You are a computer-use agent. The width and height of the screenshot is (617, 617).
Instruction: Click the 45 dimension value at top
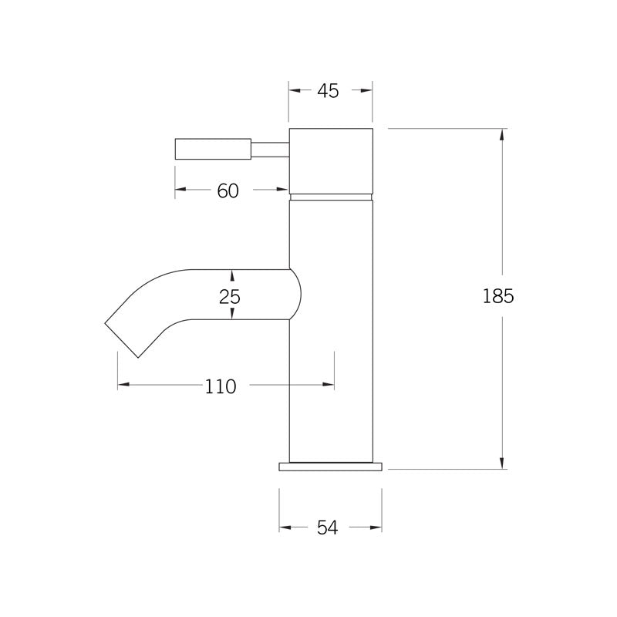pos(328,91)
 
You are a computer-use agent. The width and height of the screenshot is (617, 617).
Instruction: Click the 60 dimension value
pos(228,190)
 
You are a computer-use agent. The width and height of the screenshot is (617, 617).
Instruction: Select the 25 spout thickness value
pos(230,295)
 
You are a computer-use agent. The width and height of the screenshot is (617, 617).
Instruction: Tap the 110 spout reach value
pos(221,386)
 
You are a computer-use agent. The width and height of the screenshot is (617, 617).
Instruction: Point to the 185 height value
pos(498,296)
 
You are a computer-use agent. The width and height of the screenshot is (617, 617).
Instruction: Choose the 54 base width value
pos(328,528)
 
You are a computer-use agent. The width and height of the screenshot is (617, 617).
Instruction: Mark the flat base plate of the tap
pos(330,466)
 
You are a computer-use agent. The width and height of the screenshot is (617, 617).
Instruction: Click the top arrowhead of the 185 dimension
pos(503,134)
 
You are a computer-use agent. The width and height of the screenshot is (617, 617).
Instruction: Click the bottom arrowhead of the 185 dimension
pos(503,462)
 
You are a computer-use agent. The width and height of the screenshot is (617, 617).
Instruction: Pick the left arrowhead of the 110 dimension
pos(123,384)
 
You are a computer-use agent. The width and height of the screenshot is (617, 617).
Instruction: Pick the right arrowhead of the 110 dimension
pos(329,384)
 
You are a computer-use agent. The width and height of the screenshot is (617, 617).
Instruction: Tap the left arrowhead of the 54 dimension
pos(285,528)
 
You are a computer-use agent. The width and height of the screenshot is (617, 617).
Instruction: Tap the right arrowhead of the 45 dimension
pos(367,90)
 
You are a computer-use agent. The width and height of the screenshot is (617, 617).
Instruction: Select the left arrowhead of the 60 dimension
pos(180,190)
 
